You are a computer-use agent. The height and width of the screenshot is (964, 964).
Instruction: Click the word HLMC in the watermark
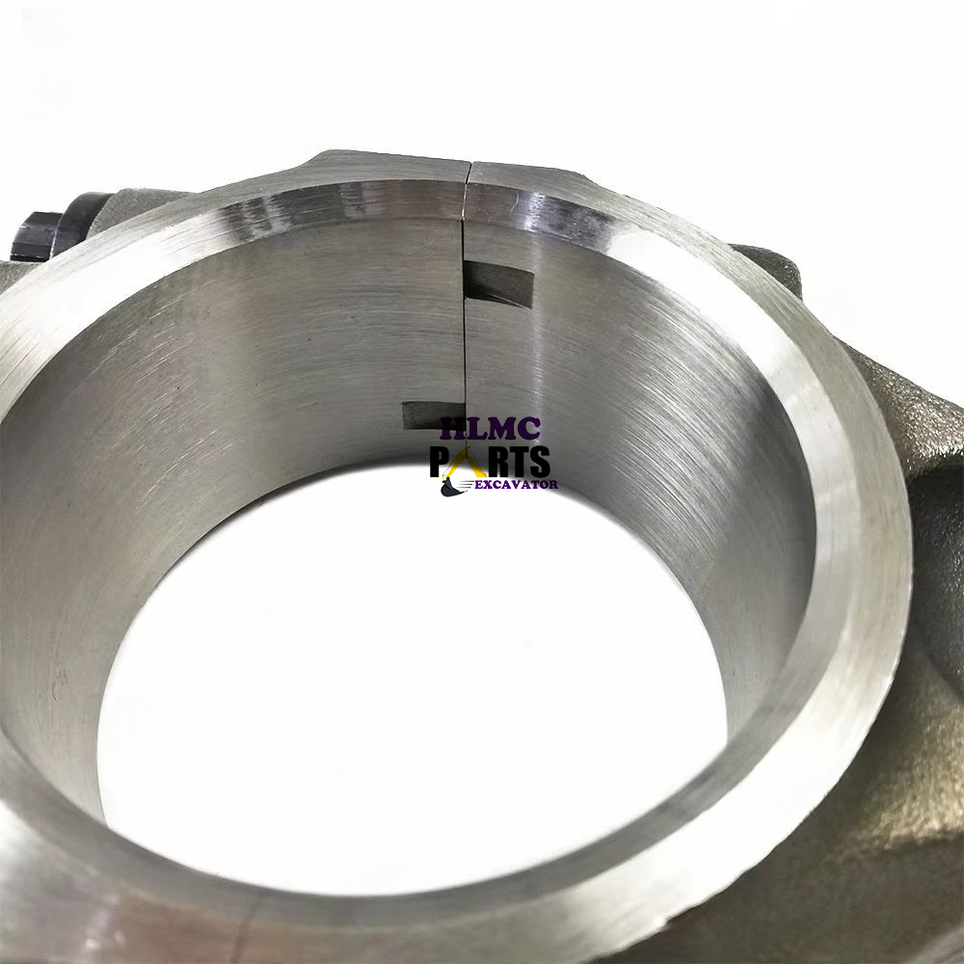[x=490, y=429]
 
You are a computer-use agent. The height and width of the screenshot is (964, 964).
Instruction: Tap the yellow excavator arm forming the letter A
[x=464, y=463]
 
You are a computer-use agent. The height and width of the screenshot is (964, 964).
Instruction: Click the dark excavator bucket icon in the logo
[x=450, y=488]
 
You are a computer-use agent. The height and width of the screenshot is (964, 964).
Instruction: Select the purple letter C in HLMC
[x=529, y=429]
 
